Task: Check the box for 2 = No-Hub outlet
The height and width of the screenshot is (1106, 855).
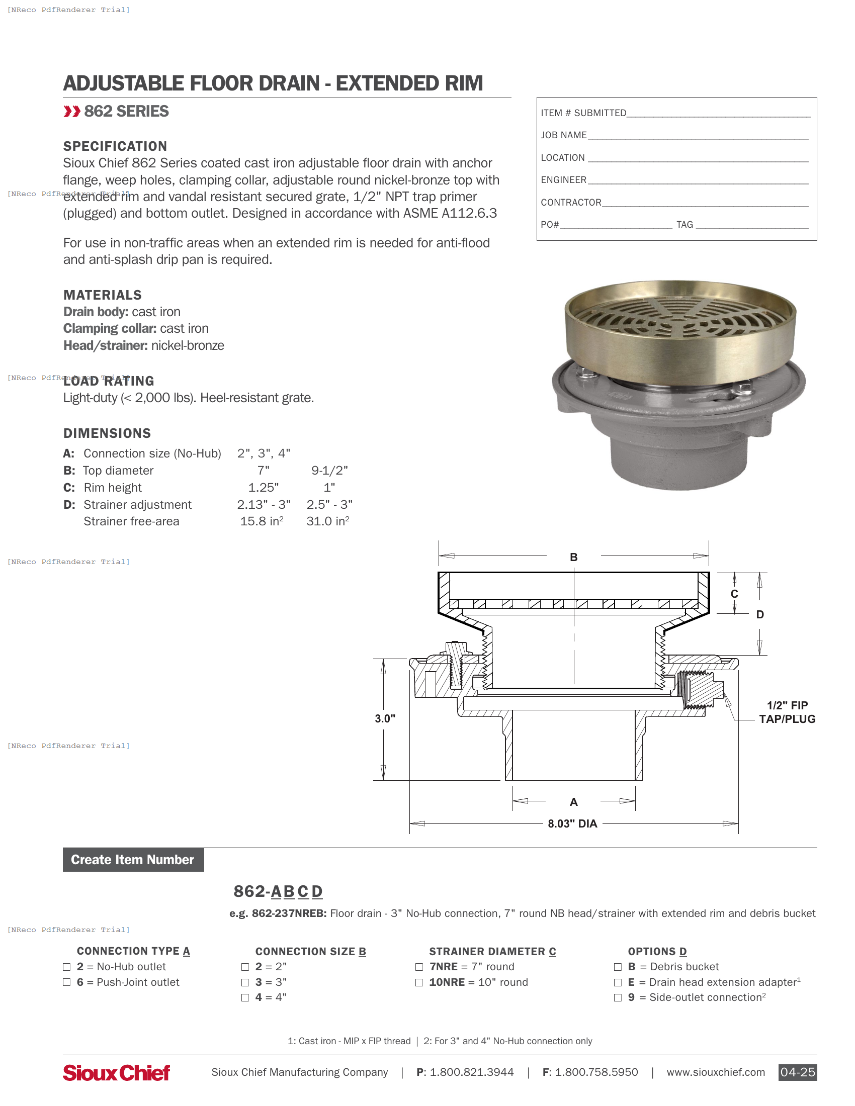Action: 66,967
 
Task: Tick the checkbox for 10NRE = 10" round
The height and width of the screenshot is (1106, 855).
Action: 419,982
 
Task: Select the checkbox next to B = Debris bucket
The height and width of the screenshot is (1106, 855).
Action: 618,967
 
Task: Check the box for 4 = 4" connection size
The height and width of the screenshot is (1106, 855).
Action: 245,997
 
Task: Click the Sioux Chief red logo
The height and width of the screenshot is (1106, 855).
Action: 116,1073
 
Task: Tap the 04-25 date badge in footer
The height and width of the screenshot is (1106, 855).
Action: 797,1072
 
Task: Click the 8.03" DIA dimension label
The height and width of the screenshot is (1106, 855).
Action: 572,823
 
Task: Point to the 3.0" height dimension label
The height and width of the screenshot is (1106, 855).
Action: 385,718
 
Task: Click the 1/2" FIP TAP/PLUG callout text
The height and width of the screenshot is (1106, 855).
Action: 787,712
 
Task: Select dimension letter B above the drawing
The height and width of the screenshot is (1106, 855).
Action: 573,557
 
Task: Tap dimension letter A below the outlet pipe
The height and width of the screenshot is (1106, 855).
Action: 573,802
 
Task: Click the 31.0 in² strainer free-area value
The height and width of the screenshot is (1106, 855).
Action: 328,521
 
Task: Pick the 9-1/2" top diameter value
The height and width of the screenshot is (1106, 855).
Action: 329,471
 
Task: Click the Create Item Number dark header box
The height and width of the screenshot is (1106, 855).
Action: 133,859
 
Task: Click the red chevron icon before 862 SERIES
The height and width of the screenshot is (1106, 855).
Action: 71,112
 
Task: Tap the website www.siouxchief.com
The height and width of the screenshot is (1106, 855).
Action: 715,1072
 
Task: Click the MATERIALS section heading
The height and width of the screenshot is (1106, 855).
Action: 102,295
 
